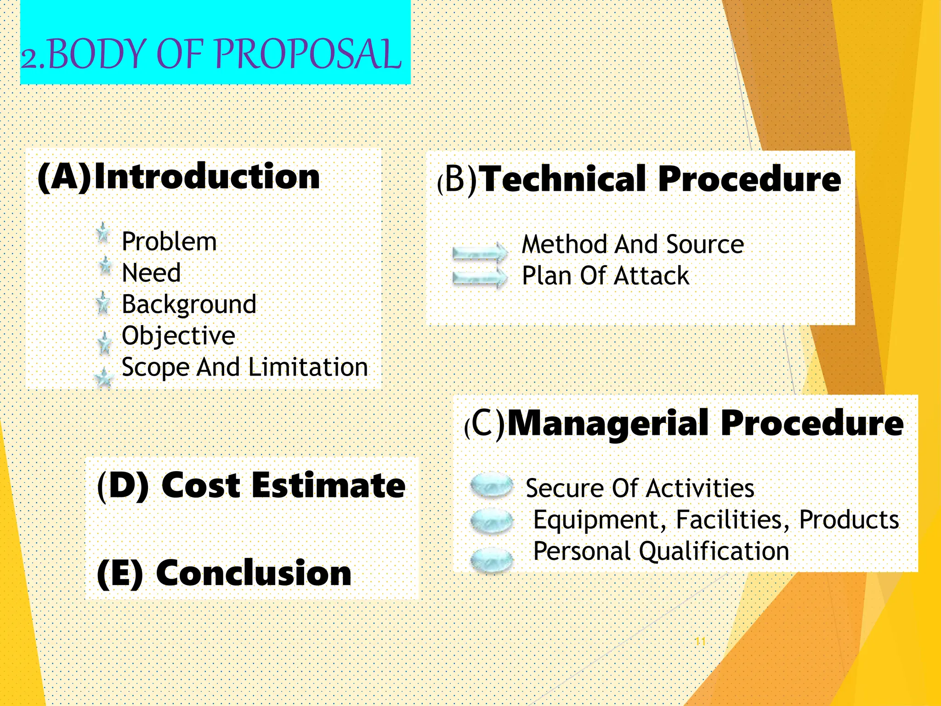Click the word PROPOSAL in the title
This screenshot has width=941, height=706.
tap(308, 54)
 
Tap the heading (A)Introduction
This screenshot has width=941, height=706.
tap(178, 176)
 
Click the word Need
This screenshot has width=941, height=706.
tap(151, 273)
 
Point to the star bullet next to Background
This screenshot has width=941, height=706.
tap(103, 303)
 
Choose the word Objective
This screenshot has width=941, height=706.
tap(178, 336)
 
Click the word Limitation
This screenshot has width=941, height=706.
tap(308, 367)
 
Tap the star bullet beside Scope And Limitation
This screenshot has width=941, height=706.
tap(104, 378)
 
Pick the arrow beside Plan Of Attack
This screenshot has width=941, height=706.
tap(479, 277)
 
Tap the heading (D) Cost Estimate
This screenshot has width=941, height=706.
tap(251, 485)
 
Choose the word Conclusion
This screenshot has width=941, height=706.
tap(254, 573)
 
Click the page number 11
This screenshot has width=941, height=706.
tap(700, 641)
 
